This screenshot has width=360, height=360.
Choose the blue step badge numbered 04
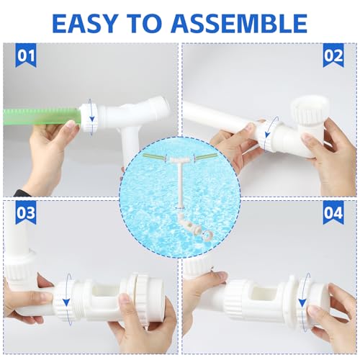point(333,214)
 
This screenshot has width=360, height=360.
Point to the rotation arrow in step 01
point(92,116)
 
